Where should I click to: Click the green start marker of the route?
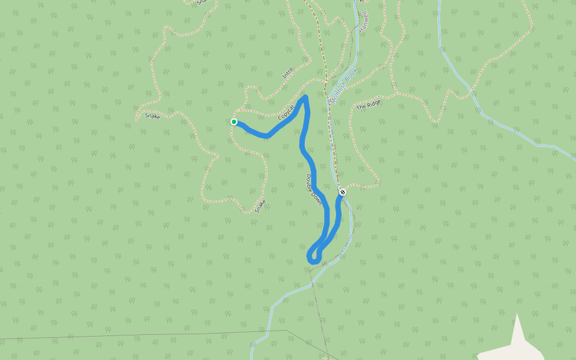tap(234, 122)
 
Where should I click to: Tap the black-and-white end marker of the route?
tap(343, 192)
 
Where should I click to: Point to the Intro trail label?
tap(287, 73)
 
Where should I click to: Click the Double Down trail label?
tap(314, 190)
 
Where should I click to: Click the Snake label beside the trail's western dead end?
tap(152, 116)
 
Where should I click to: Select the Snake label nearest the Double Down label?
tap(260, 206)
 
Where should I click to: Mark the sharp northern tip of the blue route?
tap(305, 97)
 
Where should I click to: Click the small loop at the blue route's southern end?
tap(314, 256)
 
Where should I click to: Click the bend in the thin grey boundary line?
tap(286, 330)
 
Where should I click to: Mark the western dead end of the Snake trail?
tap(137, 119)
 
